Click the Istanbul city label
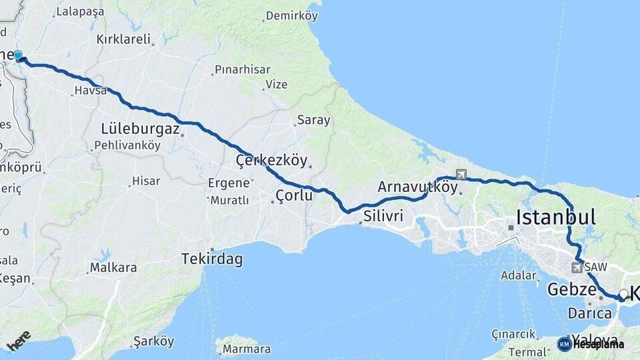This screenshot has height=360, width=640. point(556,217)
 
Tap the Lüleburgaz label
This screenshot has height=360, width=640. point(141,129)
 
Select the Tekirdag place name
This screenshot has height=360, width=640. point(212,259)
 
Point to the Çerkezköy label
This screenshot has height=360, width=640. point(272,160)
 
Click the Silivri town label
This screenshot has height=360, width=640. point(384,216)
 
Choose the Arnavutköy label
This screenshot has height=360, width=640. point(417,187)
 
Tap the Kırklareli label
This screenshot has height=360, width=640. point(123,39)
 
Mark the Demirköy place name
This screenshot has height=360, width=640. point(292,15)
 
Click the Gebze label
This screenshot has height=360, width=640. point(571,289)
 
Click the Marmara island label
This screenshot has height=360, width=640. point(247,349)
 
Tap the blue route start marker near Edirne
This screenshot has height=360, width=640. point(18,56)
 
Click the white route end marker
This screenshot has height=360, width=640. point(623,294)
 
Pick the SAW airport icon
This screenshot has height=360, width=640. point(576,267)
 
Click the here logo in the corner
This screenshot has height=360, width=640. point(19,340)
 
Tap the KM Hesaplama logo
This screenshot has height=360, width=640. point(591,344)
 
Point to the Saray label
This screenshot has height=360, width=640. point(313,121)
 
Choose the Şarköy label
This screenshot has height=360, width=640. point(154,341)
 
